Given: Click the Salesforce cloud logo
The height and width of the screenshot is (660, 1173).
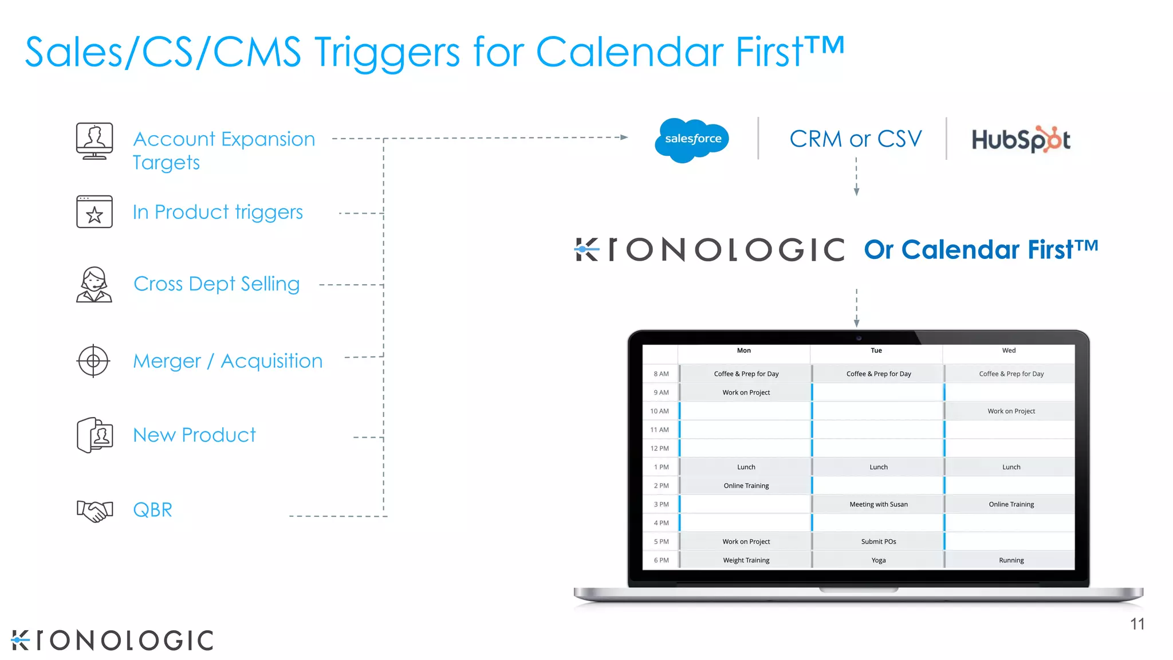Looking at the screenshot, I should tap(692, 139).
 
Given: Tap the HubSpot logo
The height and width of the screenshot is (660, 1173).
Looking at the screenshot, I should tap(1021, 139).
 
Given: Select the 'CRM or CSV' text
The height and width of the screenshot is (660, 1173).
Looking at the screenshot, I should tap(856, 139).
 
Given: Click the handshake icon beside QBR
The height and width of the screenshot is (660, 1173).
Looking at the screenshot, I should tap(95, 510).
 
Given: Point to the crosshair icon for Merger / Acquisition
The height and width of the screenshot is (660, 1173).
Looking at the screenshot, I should tap(93, 361).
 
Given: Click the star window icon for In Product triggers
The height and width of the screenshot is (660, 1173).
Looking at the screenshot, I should tap(95, 212).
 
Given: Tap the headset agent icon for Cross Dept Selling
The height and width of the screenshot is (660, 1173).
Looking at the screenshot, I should tap(94, 285).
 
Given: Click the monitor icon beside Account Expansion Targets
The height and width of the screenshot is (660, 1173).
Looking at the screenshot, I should tap(95, 141).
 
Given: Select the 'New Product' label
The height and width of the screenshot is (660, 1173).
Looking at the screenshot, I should tap(194, 435).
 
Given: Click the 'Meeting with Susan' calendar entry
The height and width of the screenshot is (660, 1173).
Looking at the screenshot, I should tap(878, 504).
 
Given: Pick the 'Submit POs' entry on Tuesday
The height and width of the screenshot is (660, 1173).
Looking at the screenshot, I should tap(878, 541).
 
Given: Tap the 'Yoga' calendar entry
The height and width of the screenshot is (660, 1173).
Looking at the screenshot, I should tap(878, 560).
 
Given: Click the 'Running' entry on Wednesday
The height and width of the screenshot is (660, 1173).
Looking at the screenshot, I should tap(1011, 560).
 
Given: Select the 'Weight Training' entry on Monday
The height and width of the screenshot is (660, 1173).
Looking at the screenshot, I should tap(746, 560).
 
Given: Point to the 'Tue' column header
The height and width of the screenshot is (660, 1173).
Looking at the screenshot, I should tap(876, 351).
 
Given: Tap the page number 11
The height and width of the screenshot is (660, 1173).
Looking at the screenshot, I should tap(1137, 624).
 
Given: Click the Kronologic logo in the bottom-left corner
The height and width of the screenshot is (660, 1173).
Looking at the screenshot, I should tap(112, 640).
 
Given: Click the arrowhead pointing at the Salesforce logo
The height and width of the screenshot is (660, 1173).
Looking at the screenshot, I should tap(624, 137).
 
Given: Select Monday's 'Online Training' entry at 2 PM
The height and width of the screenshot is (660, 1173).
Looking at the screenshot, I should tap(746, 486).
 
